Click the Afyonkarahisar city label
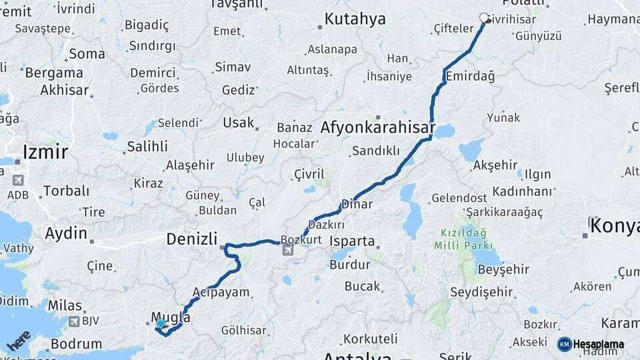377,127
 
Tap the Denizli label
192,239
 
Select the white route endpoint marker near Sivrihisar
485,18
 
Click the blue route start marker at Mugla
160,324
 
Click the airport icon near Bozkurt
287,251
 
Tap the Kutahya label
355,19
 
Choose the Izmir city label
45,152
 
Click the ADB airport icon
17,180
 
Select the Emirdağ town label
471,76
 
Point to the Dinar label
357,204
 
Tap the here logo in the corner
19,340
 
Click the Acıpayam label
221,292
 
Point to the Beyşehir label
503,269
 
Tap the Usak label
239,123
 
